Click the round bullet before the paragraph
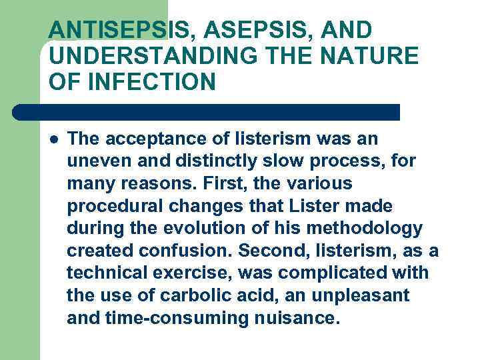[53, 140]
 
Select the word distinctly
[217, 161]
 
